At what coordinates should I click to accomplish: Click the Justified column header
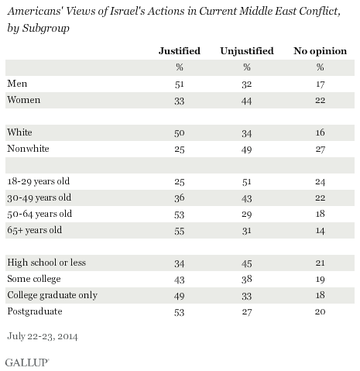180,51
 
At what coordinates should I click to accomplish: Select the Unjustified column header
247,51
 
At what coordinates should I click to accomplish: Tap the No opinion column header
320,51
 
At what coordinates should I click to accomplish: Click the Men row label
17,84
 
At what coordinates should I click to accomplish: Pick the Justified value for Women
180,101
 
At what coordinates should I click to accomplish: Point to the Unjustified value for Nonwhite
247,149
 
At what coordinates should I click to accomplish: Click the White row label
19,132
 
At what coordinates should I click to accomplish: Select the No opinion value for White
320,132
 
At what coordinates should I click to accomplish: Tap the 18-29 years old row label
39,181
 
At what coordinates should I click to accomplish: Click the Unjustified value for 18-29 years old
247,182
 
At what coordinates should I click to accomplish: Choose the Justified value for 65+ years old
180,231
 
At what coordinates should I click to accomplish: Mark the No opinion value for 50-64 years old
320,214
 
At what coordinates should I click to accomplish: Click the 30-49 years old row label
39,198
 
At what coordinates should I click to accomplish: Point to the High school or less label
46,263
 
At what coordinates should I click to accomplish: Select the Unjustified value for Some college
247,279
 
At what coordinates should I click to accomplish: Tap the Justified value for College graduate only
180,296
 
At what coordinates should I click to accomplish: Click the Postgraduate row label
35,311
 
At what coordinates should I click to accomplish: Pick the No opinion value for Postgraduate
320,311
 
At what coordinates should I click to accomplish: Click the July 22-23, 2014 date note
43,336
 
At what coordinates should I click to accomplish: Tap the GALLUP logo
27,362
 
